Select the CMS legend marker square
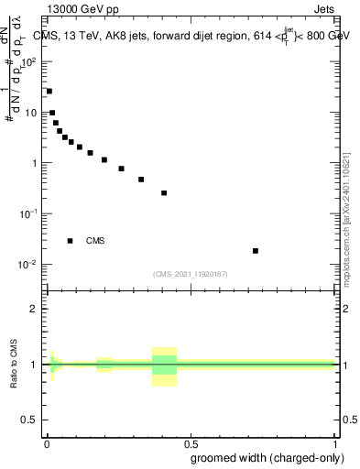(70, 241)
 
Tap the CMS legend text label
(95, 241)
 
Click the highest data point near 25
(49, 92)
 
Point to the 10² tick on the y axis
(29, 62)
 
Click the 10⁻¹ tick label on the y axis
(29, 213)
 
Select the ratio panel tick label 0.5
(29, 420)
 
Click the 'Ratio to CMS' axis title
(14, 365)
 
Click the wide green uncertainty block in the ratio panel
(164, 365)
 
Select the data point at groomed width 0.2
(104, 160)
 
